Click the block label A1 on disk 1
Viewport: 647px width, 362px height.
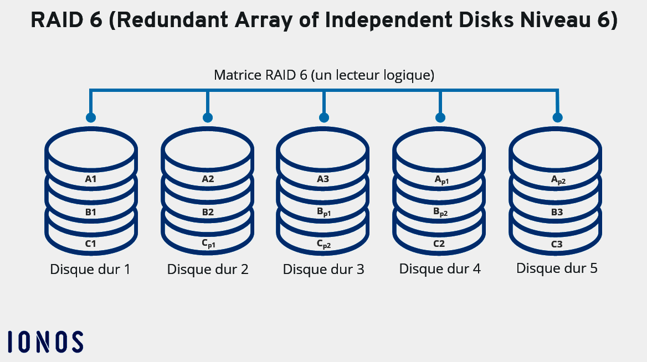point(91,179)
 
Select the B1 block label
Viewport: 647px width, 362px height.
point(91,212)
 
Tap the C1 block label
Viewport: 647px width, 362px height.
point(91,244)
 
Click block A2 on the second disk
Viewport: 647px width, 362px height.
point(208,179)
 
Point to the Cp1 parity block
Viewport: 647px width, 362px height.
point(208,244)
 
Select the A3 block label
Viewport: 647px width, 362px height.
point(323,179)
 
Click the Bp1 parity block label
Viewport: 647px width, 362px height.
point(324,213)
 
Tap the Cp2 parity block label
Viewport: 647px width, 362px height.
point(324,244)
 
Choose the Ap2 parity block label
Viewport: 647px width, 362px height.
point(558,180)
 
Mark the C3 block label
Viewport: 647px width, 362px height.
point(557,244)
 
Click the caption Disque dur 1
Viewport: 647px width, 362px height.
point(90,270)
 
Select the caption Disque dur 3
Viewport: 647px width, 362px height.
point(323,270)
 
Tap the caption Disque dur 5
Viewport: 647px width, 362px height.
point(557,268)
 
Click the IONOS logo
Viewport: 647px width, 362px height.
point(45,342)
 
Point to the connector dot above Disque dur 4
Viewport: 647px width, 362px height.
point(441,117)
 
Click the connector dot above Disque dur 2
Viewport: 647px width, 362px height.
point(208,117)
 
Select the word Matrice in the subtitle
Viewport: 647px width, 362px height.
point(234,75)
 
